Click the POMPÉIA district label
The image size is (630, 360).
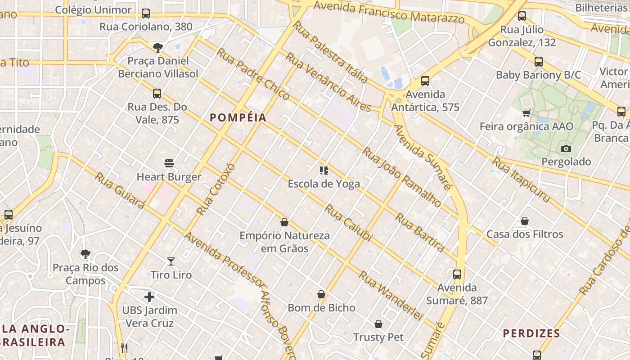tap(238, 118)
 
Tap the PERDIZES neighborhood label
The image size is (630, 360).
tap(531, 333)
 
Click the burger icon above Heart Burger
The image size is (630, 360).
tap(169, 163)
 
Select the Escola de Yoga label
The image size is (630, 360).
tap(324, 184)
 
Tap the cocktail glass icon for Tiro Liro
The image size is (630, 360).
tap(171, 261)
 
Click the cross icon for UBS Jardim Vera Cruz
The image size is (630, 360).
tap(149, 297)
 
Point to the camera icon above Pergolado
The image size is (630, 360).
tap(566, 148)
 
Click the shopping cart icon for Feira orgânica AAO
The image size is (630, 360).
tap(526, 113)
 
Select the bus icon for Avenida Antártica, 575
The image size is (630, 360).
tap(425, 81)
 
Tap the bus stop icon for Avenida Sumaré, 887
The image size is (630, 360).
tap(457, 274)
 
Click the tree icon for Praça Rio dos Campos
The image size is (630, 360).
tap(85, 254)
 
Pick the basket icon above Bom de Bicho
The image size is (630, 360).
tap(321, 294)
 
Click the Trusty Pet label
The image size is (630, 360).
tap(378, 337)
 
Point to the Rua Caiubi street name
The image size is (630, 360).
tap(349, 223)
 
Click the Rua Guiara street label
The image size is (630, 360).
tap(120, 190)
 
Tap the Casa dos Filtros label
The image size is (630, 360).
tap(525, 234)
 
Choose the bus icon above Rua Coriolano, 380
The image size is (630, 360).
tap(146, 13)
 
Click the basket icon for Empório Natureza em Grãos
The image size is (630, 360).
tap(284, 222)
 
